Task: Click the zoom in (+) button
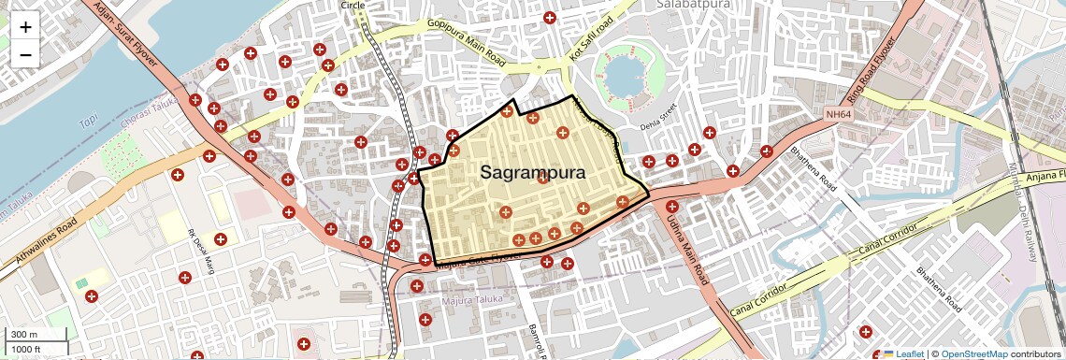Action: [25, 27]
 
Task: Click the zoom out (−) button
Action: [25, 54]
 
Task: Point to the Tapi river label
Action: [89, 122]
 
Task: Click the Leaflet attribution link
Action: [903, 353]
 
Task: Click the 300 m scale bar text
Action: [23, 334]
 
